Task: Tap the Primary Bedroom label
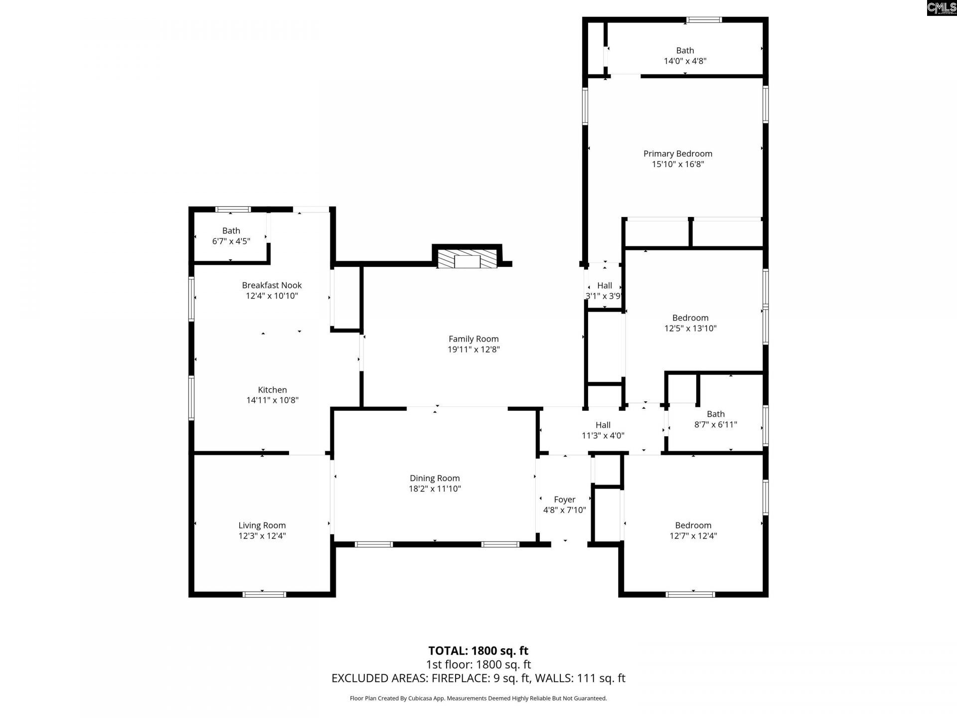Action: point(677,154)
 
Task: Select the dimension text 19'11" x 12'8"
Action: point(473,350)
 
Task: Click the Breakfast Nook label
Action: point(272,285)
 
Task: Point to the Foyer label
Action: point(564,500)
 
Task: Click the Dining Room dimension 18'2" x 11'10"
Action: point(435,489)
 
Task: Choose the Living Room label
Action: point(262,525)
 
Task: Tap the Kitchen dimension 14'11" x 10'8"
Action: point(272,400)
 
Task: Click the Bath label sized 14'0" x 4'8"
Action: point(685,50)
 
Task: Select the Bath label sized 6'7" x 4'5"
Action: point(231,230)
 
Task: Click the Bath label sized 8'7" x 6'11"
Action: point(715,414)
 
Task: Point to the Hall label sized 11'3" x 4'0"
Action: point(603,425)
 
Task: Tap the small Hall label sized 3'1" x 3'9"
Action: point(604,285)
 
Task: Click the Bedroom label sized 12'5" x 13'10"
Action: point(690,318)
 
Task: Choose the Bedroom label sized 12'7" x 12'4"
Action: point(693,525)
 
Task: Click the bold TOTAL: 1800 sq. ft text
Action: point(478,651)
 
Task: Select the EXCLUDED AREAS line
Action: point(478,678)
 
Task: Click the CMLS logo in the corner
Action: point(941,7)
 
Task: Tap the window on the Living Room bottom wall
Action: point(264,594)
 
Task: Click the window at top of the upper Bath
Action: point(703,20)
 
